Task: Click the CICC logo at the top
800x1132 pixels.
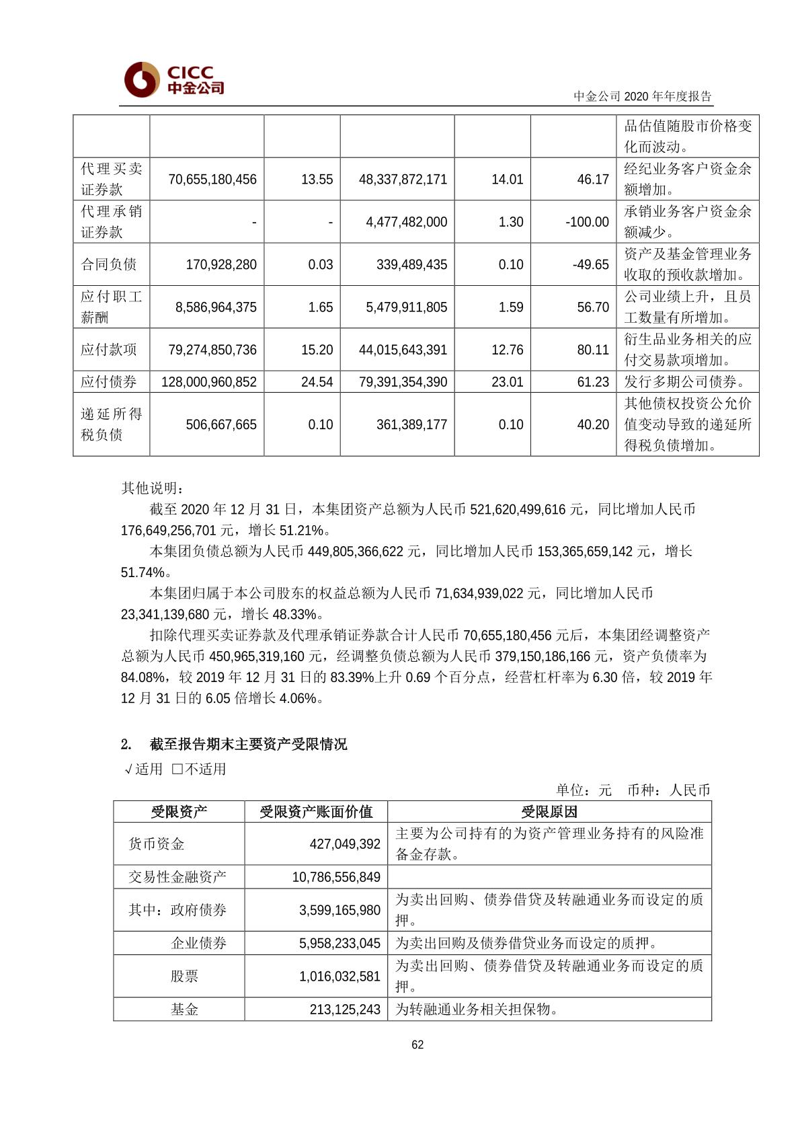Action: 173,79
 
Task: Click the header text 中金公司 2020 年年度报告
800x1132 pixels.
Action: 642,96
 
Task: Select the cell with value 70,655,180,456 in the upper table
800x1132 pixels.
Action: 212,180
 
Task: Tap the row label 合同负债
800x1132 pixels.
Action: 109,264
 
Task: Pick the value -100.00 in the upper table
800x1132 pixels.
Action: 588,222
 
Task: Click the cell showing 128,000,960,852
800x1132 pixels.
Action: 209,382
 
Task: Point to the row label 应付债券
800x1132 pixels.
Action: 109,382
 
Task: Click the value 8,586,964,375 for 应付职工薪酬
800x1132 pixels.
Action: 216,307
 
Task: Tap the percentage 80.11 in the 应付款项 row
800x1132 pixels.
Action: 593,350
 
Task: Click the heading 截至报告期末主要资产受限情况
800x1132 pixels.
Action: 248,745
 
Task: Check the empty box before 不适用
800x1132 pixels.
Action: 177,769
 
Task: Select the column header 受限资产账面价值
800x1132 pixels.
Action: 316,812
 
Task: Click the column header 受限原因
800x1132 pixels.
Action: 549,812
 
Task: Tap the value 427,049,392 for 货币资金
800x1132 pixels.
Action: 345,844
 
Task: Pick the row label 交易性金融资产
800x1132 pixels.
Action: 177,877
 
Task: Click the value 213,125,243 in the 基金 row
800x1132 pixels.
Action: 345,1010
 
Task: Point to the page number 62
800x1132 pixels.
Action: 417,1045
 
